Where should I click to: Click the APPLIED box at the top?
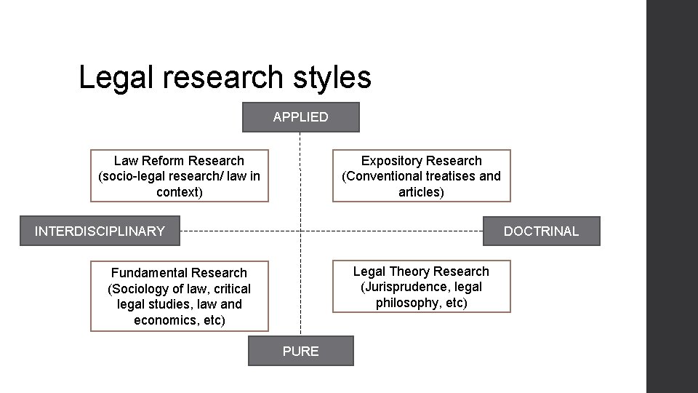pyautogui.click(x=300, y=117)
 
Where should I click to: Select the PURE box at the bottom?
pyautogui.click(x=300, y=351)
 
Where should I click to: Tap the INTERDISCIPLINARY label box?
pyautogui.click(x=100, y=231)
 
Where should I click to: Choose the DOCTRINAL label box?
pyautogui.click(x=541, y=231)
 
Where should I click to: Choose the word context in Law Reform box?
pyautogui.click(x=177, y=192)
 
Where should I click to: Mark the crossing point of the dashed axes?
pyautogui.click(x=300, y=231)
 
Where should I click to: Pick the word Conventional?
pyautogui.click(x=385, y=176)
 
